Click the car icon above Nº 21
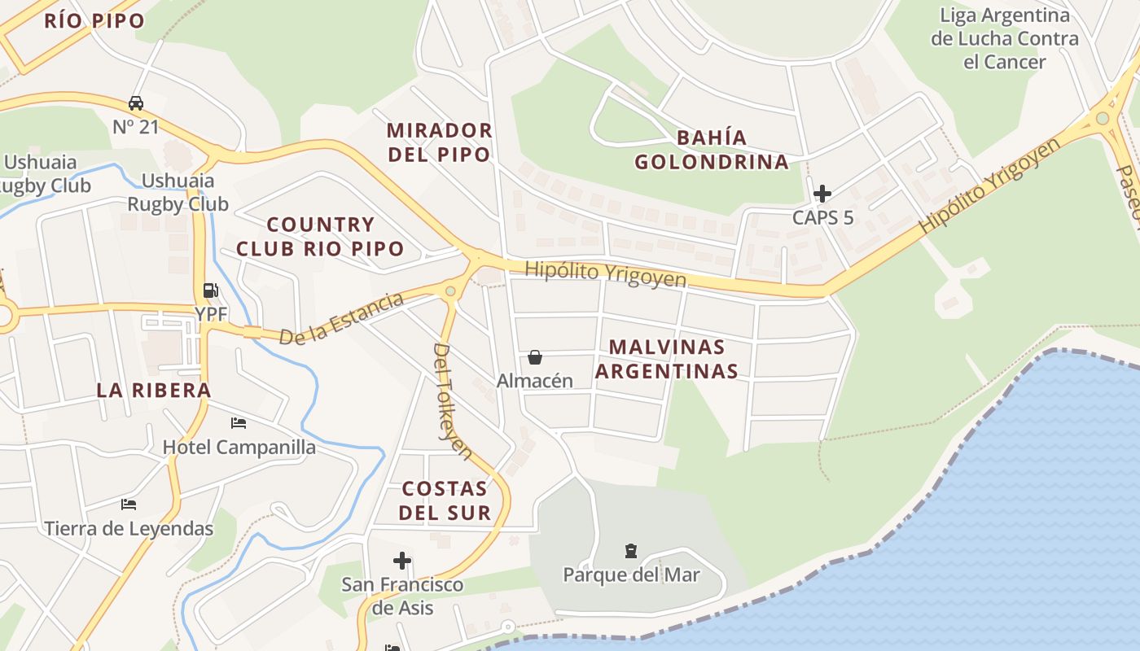(136, 103)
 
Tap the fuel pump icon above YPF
(210, 290)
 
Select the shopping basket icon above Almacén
(535, 356)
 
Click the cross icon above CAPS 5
(822, 194)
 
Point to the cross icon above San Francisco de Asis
(402, 561)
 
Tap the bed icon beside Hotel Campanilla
(239, 423)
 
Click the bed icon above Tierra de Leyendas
(129, 505)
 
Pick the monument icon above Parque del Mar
(631, 551)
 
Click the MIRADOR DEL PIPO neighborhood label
(439, 142)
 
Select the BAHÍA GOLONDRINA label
(712, 149)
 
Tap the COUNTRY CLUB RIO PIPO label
(320, 236)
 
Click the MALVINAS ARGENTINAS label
(667, 359)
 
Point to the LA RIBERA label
(154, 390)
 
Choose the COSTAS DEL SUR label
(445, 500)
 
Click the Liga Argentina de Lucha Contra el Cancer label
(1004, 38)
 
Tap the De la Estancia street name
(341, 318)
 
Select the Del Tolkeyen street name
(453, 401)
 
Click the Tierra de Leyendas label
(129, 529)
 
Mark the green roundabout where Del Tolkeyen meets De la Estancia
(450, 291)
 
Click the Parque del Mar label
(631, 575)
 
